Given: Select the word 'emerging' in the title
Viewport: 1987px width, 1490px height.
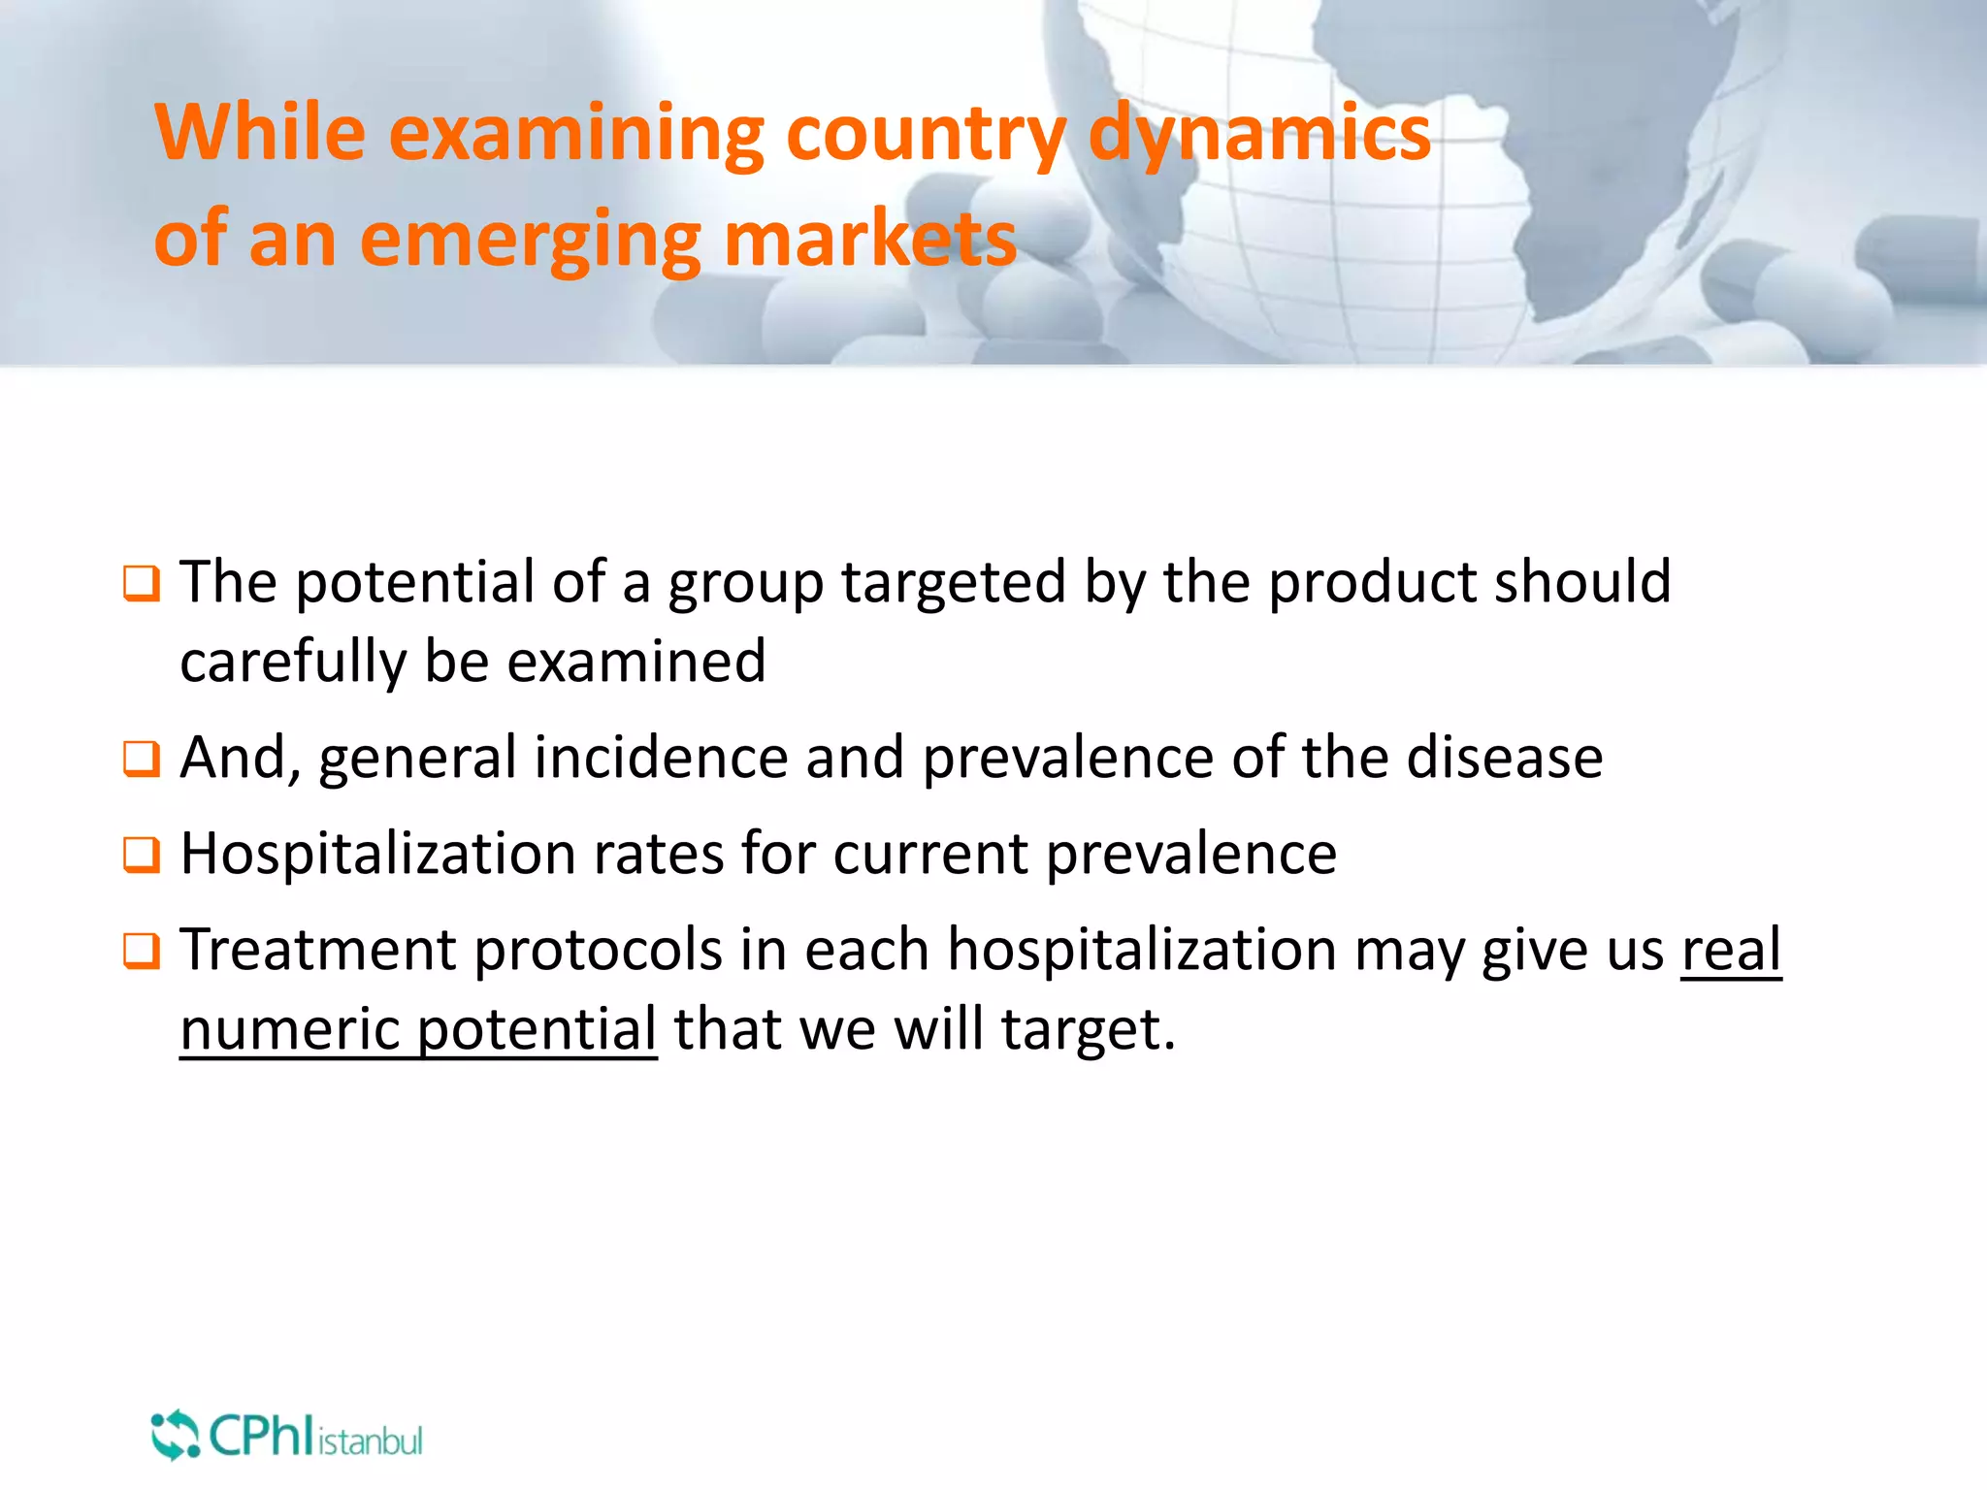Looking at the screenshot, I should coord(530,242).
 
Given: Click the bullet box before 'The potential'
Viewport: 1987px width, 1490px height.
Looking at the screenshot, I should coord(141,584).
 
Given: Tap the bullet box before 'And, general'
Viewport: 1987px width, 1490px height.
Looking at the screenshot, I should coord(141,759).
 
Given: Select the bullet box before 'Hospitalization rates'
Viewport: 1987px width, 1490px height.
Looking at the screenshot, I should coord(141,855).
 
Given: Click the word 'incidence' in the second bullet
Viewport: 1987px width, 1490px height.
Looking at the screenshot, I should coord(661,758).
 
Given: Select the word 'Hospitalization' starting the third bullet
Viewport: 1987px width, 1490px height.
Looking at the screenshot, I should coord(376,854).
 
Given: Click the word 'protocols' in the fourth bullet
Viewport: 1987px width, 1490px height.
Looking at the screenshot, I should coord(598,950).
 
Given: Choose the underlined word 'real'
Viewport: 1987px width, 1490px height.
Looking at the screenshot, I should coord(1731,950).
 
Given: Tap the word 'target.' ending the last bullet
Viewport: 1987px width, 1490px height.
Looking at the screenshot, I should coord(1088,1029).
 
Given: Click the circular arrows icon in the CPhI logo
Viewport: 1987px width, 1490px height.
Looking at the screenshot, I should coord(175,1435).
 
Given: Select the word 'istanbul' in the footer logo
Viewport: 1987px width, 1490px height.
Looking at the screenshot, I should coord(370,1441).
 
